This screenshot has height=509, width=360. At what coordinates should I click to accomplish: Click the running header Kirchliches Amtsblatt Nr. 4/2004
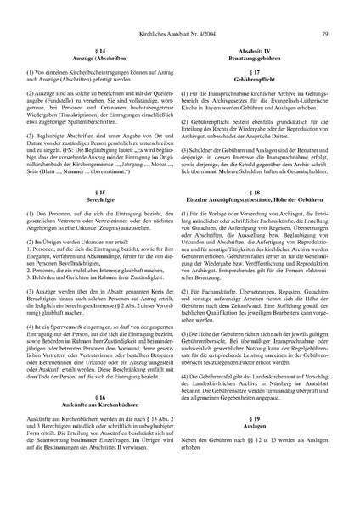[176, 11]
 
